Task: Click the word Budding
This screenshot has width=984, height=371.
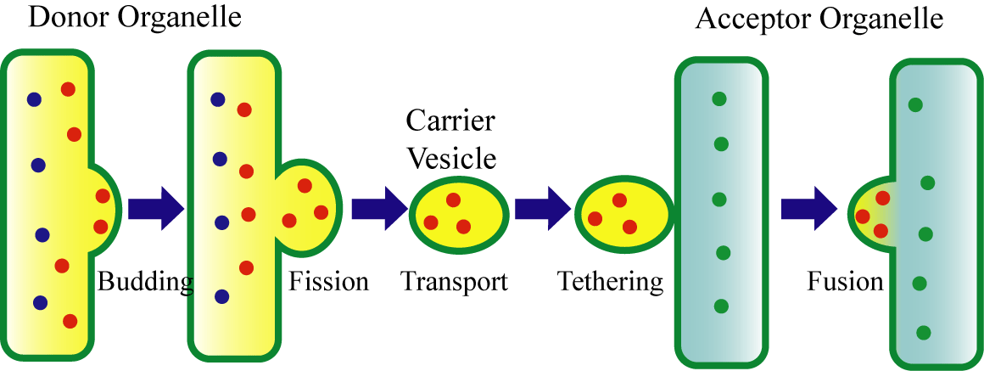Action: pos(145,283)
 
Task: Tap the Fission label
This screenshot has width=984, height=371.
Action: pos(328,282)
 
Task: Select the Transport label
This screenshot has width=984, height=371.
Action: pos(455,282)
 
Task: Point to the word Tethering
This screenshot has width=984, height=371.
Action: pos(611,282)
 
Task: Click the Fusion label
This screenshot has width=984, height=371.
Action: pos(845,282)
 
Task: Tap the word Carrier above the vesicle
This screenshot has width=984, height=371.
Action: pos(450,121)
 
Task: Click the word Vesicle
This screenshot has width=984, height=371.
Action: pos(452,158)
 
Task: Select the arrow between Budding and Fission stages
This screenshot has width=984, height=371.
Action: pos(156,208)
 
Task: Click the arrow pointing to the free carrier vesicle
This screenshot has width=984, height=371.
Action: pos(380,208)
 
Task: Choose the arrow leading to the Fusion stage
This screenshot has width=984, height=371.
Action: pos(809,208)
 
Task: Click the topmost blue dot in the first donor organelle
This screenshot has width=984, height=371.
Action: pos(34,98)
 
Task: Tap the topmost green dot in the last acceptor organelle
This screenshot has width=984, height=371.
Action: pos(915,104)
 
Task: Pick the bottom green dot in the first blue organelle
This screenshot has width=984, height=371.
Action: pos(721,306)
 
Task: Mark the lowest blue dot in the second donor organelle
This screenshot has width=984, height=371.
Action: pos(221,295)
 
